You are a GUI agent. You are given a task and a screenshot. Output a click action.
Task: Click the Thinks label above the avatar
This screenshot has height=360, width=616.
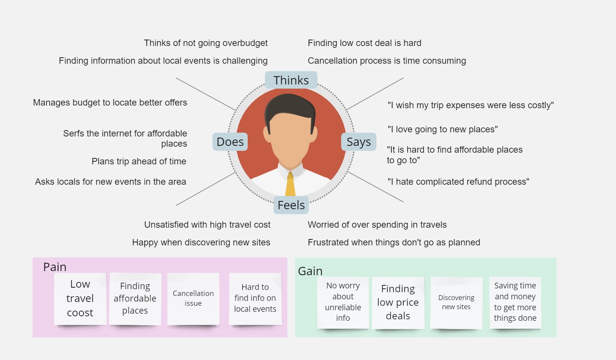click(291, 80)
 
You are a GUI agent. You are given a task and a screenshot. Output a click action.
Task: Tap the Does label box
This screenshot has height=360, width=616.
click(230, 142)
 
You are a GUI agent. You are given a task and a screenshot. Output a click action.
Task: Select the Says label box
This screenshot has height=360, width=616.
click(359, 142)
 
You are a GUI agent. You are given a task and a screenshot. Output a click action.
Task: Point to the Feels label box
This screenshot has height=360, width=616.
click(291, 205)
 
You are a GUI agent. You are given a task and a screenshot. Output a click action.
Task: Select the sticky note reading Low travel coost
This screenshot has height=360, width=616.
click(80, 299)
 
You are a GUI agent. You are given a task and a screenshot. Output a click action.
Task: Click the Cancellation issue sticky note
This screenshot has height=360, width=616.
click(193, 299)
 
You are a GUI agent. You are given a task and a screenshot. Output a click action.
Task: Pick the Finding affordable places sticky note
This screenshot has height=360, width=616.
click(135, 299)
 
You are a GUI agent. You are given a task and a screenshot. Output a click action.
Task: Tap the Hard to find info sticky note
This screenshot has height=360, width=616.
click(255, 299)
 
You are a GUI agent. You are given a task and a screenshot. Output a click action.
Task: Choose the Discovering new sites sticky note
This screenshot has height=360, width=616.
click(456, 303)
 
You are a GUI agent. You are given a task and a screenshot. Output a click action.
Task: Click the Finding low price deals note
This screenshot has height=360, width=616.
click(398, 303)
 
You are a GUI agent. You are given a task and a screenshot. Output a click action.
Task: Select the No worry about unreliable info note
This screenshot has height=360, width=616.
click(343, 303)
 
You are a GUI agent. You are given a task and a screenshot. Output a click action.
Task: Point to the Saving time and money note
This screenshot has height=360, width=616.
click(515, 303)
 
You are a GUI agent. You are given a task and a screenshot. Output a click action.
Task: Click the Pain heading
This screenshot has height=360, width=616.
click(55, 267)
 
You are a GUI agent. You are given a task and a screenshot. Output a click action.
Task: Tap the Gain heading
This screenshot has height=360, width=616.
click(310, 271)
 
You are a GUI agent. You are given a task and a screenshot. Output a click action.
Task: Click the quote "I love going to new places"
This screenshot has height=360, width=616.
click(443, 129)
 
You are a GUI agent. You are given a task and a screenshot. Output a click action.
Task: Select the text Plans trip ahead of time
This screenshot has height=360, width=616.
click(139, 161)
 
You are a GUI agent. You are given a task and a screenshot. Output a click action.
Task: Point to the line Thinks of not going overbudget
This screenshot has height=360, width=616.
click(206, 43)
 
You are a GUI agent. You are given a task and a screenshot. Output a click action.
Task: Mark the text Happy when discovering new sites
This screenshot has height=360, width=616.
click(201, 242)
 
